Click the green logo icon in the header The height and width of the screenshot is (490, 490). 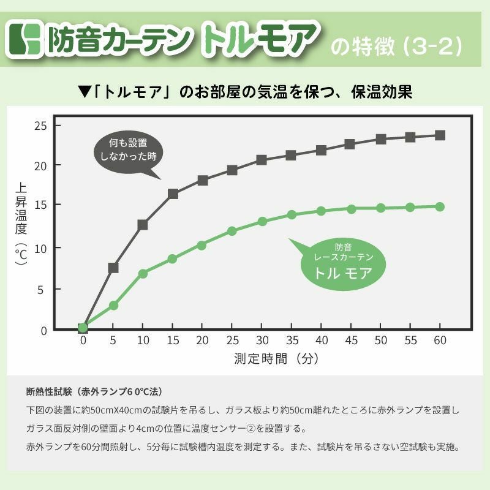click(26, 39)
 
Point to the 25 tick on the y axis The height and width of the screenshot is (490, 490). click(40, 126)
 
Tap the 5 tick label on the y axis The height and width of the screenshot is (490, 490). click(42, 289)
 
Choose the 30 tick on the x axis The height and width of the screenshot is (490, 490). click(262, 341)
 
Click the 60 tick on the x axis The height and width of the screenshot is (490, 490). click(439, 341)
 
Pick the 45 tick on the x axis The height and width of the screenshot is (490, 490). click(350, 341)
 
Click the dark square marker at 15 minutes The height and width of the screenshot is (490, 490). click(173, 194)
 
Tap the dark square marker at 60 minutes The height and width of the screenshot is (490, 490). click(440, 135)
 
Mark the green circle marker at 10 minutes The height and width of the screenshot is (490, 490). click(143, 273)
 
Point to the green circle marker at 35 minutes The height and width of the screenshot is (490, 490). click(292, 214)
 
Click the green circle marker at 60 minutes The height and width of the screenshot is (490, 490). click(440, 206)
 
